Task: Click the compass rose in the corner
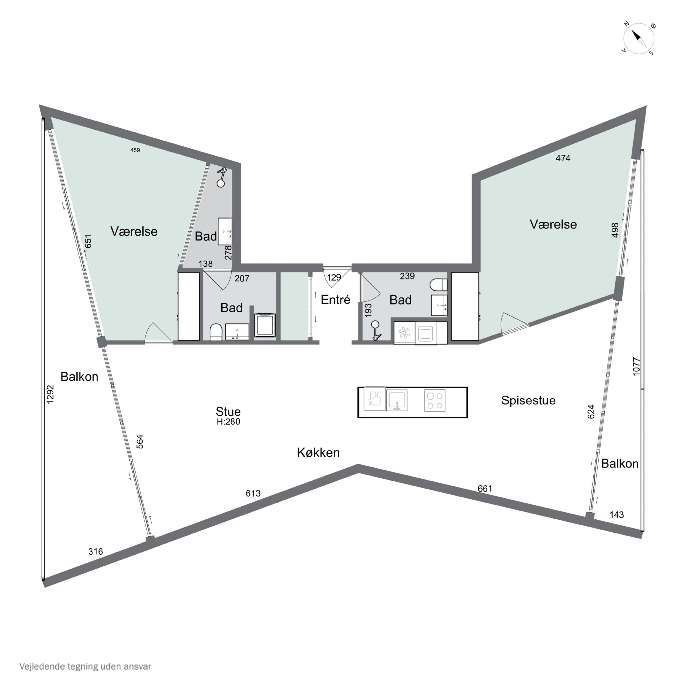click(x=638, y=38)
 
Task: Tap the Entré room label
click(x=335, y=300)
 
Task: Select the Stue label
click(x=228, y=412)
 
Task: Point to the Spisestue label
click(x=528, y=400)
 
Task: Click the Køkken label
click(x=318, y=452)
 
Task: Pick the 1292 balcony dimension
click(x=50, y=394)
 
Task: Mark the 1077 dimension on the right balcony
click(x=636, y=366)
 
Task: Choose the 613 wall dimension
click(x=253, y=493)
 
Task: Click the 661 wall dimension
click(x=485, y=489)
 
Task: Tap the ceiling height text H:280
click(x=228, y=421)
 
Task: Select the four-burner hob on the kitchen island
click(x=435, y=401)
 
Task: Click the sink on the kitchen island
click(x=397, y=400)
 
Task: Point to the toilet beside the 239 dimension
click(x=439, y=285)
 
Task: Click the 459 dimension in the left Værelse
click(x=135, y=150)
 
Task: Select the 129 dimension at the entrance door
click(x=334, y=277)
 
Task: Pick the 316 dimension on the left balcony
click(x=96, y=551)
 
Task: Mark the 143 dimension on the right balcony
click(x=616, y=514)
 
